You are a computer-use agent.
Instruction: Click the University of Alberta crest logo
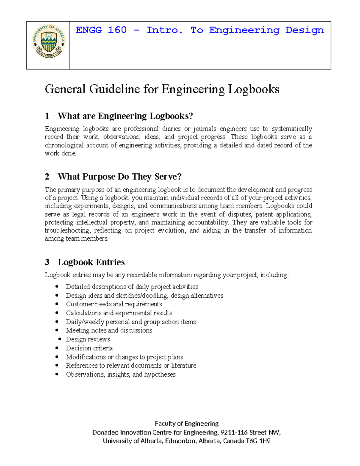coord(48,41)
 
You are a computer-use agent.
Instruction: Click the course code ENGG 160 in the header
coord(101,30)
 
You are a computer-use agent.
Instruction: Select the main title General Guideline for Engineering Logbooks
coord(162,89)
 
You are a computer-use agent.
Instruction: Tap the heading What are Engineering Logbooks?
coord(125,116)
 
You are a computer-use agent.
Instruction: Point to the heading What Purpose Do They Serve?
coord(119,176)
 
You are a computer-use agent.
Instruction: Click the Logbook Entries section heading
coord(91,262)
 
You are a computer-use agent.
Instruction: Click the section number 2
coord(47,177)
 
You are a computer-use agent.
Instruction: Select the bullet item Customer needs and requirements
coord(114,304)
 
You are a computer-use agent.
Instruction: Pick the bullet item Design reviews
coord(88,339)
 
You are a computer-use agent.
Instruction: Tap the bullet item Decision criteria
coord(89,348)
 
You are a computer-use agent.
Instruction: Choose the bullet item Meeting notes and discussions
coord(109,330)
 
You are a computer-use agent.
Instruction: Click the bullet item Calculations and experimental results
coord(119,313)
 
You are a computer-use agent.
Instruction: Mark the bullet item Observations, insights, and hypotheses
coord(121,374)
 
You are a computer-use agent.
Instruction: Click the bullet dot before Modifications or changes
coord(57,357)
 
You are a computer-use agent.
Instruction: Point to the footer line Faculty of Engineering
coord(187,423)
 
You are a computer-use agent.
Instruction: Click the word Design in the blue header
coord(304,30)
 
